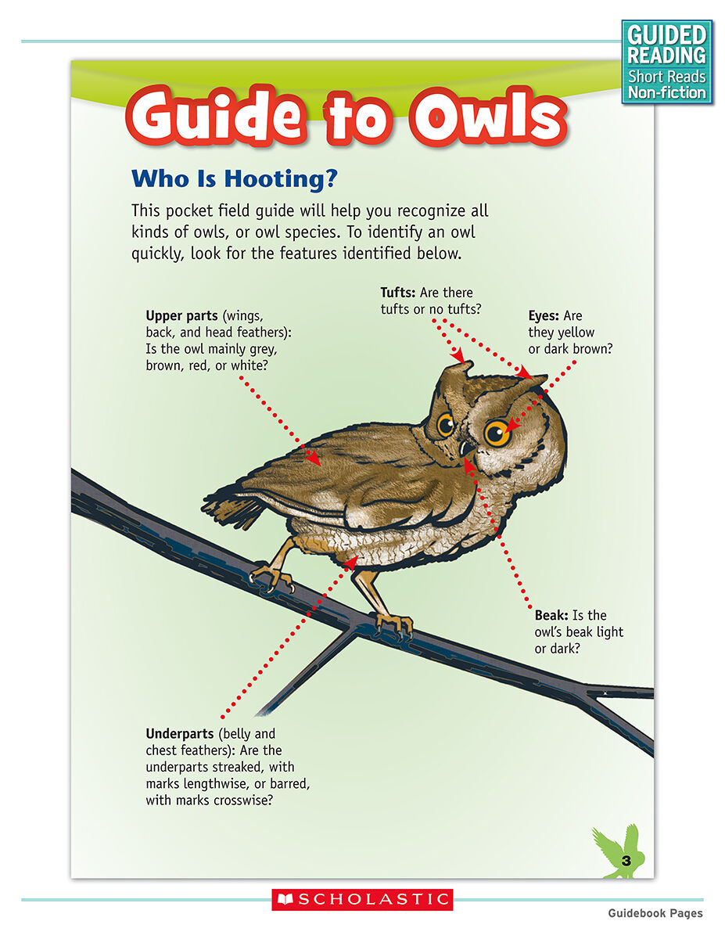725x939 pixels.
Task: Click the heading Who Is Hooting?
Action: tap(235, 178)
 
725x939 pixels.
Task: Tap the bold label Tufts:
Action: tap(398, 293)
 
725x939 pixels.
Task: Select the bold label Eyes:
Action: tap(544, 316)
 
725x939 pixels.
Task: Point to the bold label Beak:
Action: tap(551, 615)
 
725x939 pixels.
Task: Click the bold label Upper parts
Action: tap(181, 315)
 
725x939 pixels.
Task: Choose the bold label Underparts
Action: tap(180, 734)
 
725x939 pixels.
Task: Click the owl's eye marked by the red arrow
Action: tap(497, 432)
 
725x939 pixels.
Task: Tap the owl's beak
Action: tap(465, 449)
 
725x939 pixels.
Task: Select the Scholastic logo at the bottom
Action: tap(362, 900)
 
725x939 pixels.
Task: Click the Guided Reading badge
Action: tap(667, 62)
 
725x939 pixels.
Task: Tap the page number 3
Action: tap(626, 861)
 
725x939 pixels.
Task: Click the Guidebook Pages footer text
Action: tap(655, 913)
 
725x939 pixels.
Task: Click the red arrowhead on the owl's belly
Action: tap(354, 559)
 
